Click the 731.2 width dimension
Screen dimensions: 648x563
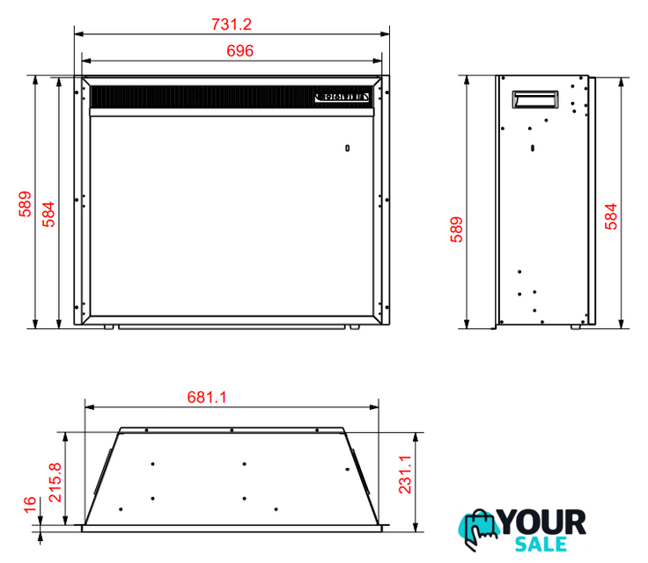pyautogui.click(x=232, y=25)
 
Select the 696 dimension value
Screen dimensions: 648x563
pyautogui.click(x=239, y=51)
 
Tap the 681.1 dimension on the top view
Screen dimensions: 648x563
pyautogui.click(x=207, y=398)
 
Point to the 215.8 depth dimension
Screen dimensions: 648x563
pyautogui.click(x=55, y=482)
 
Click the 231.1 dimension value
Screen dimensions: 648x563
pyautogui.click(x=405, y=475)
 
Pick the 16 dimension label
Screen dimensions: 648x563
pyautogui.click(x=30, y=505)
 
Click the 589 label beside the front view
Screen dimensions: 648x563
pyautogui.click(x=25, y=204)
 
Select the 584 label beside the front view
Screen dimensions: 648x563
pyautogui.click(x=48, y=215)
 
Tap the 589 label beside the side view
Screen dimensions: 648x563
pyautogui.click(x=456, y=230)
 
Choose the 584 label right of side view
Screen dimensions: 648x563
pyautogui.click(x=611, y=216)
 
